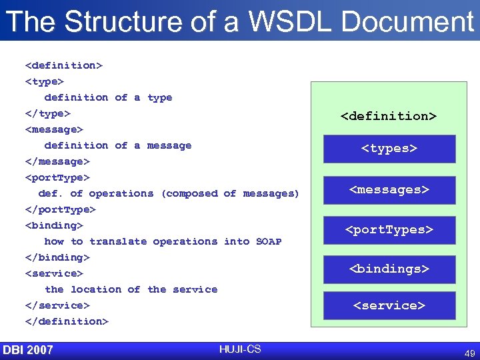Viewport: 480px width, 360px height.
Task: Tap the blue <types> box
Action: pyautogui.click(x=389, y=149)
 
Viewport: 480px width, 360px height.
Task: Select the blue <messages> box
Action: pyautogui.click(x=389, y=190)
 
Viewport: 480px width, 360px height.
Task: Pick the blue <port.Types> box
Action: pyautogui.click(x=389, y=230)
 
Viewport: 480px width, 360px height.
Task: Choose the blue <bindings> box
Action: pyautogui.click(x=389, y=269)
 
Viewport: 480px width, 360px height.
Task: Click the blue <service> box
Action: pyautogui.click(x=389, y=306)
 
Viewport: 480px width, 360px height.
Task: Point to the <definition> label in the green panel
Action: pyautogui.click(x=389, y=116)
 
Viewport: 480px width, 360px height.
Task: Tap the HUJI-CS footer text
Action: pyautogui.click(x=239, y=349)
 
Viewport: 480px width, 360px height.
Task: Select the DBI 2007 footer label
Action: pyautogui.click(x=28, y=350)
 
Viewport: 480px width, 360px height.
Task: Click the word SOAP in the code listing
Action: pyautogui.click(x=269, y=241)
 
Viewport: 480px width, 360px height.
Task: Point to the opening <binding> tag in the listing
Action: pyautogui.click(x=54, y=225)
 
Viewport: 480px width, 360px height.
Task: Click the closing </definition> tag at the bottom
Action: pyautogui.click(x=66, y=321)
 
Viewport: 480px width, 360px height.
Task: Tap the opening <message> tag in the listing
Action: pyautogui.click(x=54, y=129)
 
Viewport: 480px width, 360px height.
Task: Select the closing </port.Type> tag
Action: pyautogui.click(x=60, y=209)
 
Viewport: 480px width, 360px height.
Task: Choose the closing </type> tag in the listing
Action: pyautogui.click(x=47, y=113)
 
